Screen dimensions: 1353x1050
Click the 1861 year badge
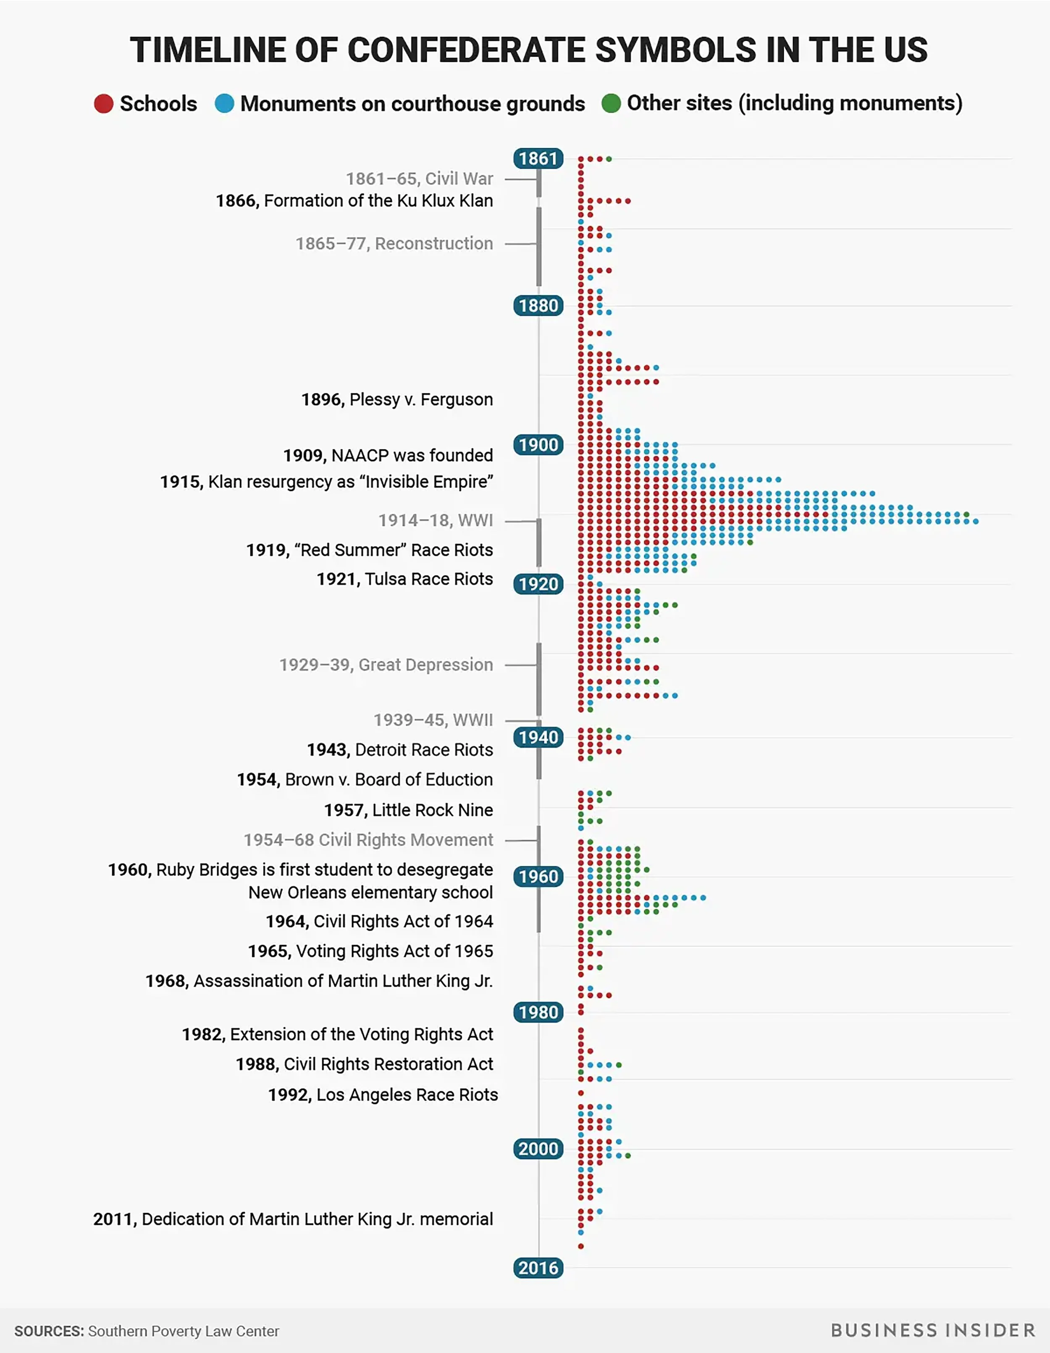click(538, 158)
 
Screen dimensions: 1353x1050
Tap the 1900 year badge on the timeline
click(538, 445)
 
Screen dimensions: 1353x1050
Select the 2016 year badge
click(538, 1268)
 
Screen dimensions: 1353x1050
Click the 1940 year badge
click(538, 737)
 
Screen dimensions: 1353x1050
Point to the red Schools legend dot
click(103, 103)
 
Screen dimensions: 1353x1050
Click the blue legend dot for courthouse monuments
click(224, 103)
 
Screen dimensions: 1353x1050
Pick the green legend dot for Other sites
click(611, 103)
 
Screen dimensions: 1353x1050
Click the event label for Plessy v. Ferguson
click(397, 400)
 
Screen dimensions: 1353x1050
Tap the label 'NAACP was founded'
click(388, 455)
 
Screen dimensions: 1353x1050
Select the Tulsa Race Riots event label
click(405, 579)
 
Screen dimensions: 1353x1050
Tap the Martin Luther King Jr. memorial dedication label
click(293, 1219)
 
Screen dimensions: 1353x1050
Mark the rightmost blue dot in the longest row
click(976, 522)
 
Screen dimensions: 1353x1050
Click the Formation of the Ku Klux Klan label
click(354, 201)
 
